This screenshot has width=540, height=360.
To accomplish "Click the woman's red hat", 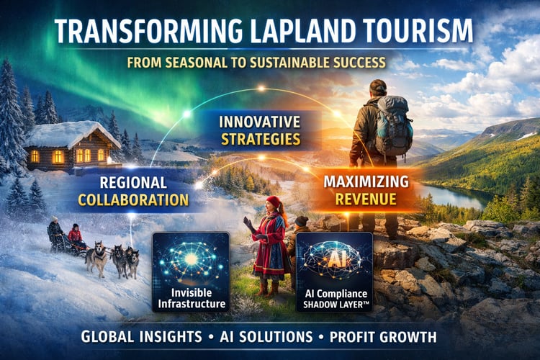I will click(274, 202).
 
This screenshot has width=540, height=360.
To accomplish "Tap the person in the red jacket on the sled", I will click(75, 235).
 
